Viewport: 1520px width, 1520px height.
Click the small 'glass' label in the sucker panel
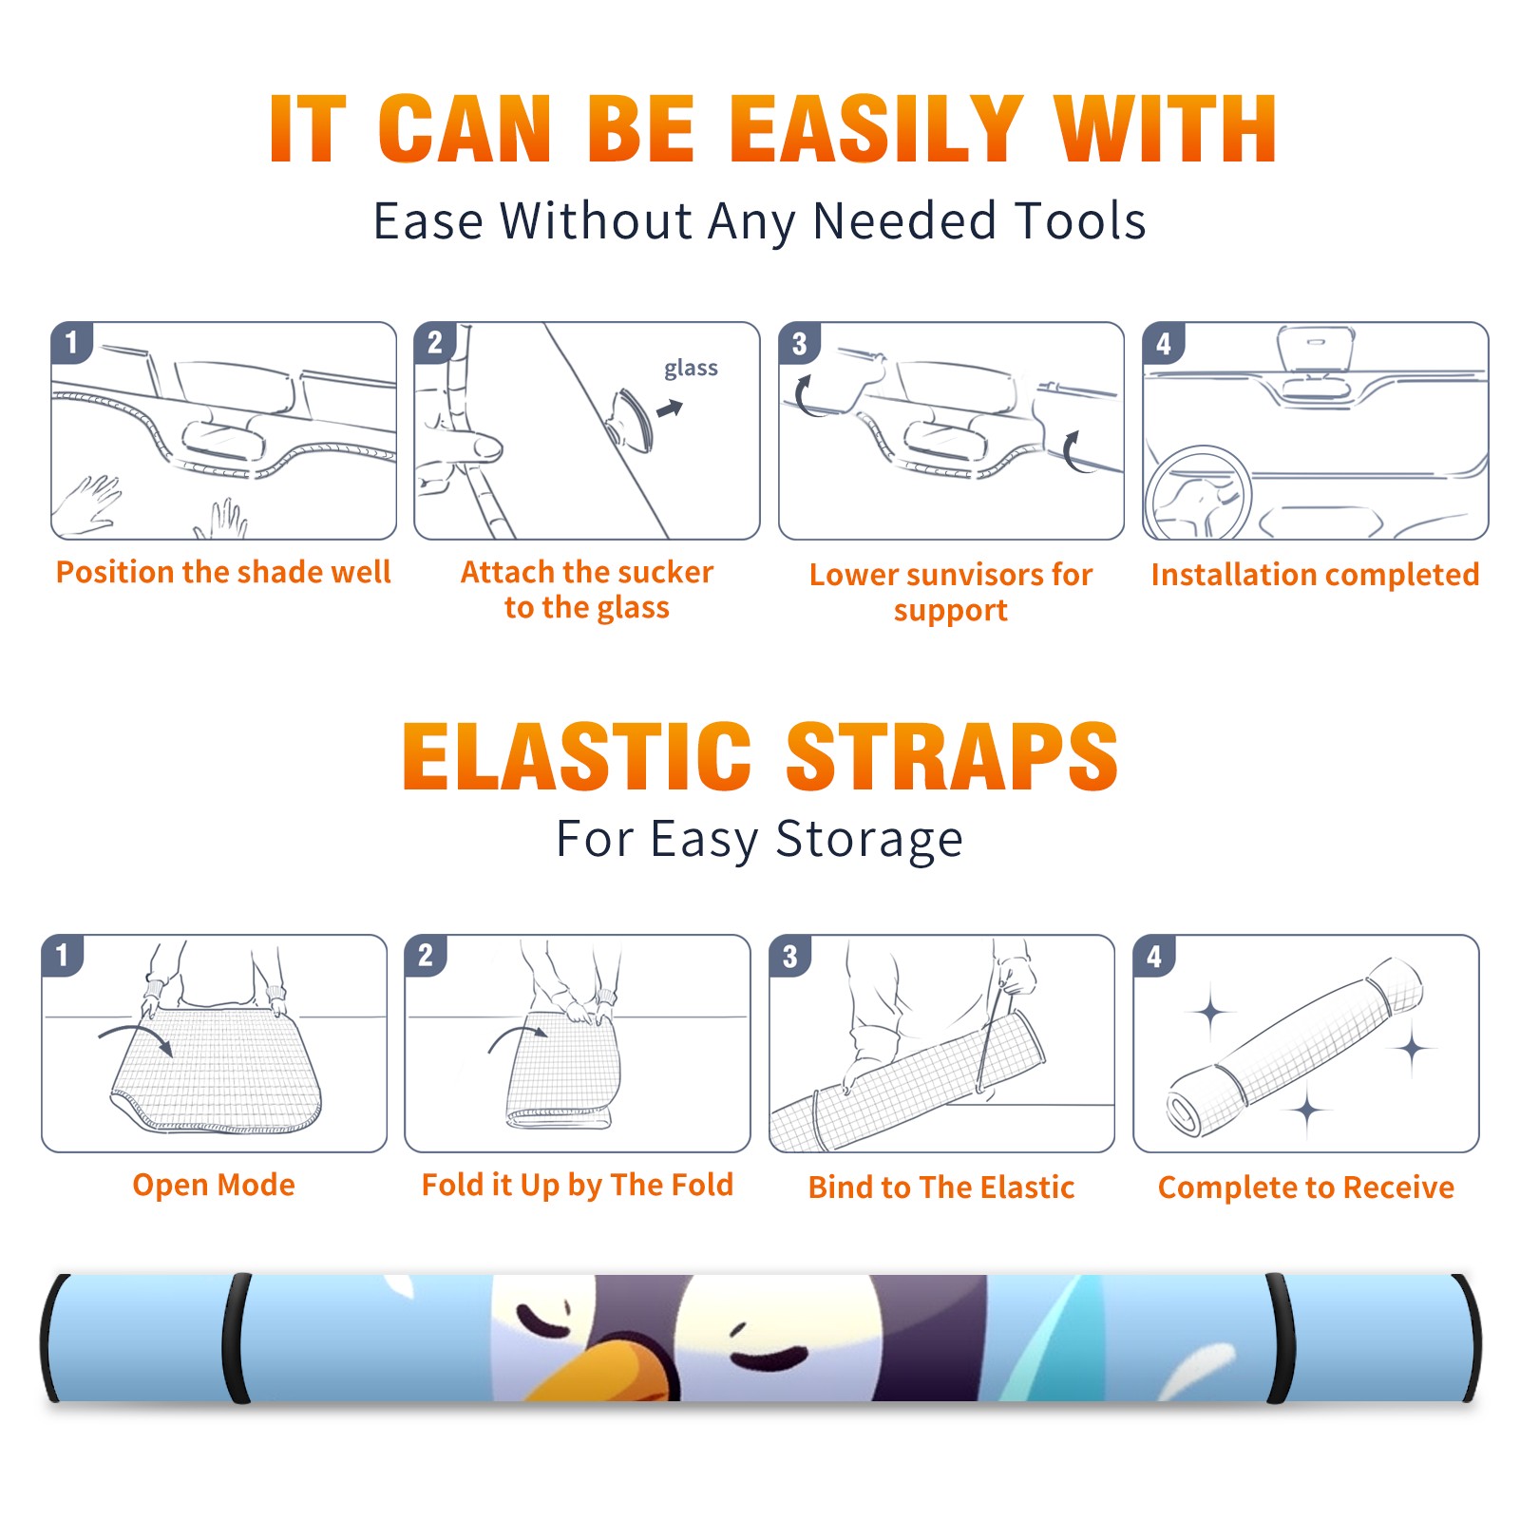click(691, 369)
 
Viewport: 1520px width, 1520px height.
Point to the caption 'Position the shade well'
click(223, 572)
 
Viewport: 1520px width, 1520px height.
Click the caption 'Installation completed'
click(1315, 574)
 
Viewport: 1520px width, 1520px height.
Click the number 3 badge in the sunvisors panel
click(800, 344)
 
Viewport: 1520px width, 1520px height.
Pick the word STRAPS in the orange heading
click(952, 756)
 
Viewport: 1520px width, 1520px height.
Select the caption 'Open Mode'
click(214, 1185)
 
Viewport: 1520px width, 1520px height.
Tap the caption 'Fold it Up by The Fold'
click(578, 1185)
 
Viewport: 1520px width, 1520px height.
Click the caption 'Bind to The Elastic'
click(941, 1187)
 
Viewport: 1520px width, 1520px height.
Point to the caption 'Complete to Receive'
click(1306, 1187)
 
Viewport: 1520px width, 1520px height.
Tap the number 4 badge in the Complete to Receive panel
click(1154, 957)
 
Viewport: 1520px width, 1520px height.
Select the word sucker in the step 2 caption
click(664, 572)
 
